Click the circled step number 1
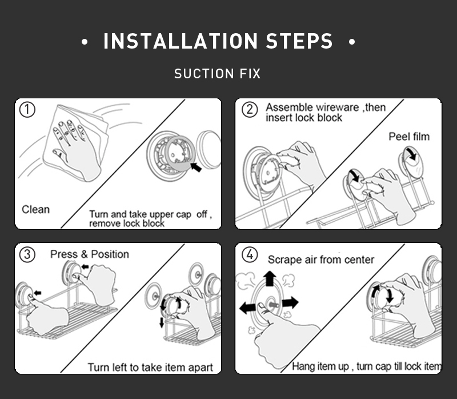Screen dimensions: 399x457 (27, 110)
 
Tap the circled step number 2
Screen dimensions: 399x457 (249, 110)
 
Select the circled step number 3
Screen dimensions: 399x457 (27, 254)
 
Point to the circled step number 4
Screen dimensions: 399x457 (249, 254)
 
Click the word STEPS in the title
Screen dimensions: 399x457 (299, 42)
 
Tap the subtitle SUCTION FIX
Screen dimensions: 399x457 (217, 74)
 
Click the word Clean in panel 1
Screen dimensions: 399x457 (35, 210)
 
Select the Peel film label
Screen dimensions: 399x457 (409, 137)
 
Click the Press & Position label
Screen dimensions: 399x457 (90, 254)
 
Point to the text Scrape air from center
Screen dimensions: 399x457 (321, 260)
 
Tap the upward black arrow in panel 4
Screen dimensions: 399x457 (270, 280)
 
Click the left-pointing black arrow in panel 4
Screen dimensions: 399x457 (247, 308)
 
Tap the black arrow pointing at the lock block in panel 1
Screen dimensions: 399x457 (196, 166)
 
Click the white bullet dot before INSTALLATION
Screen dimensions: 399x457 (85, 42)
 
